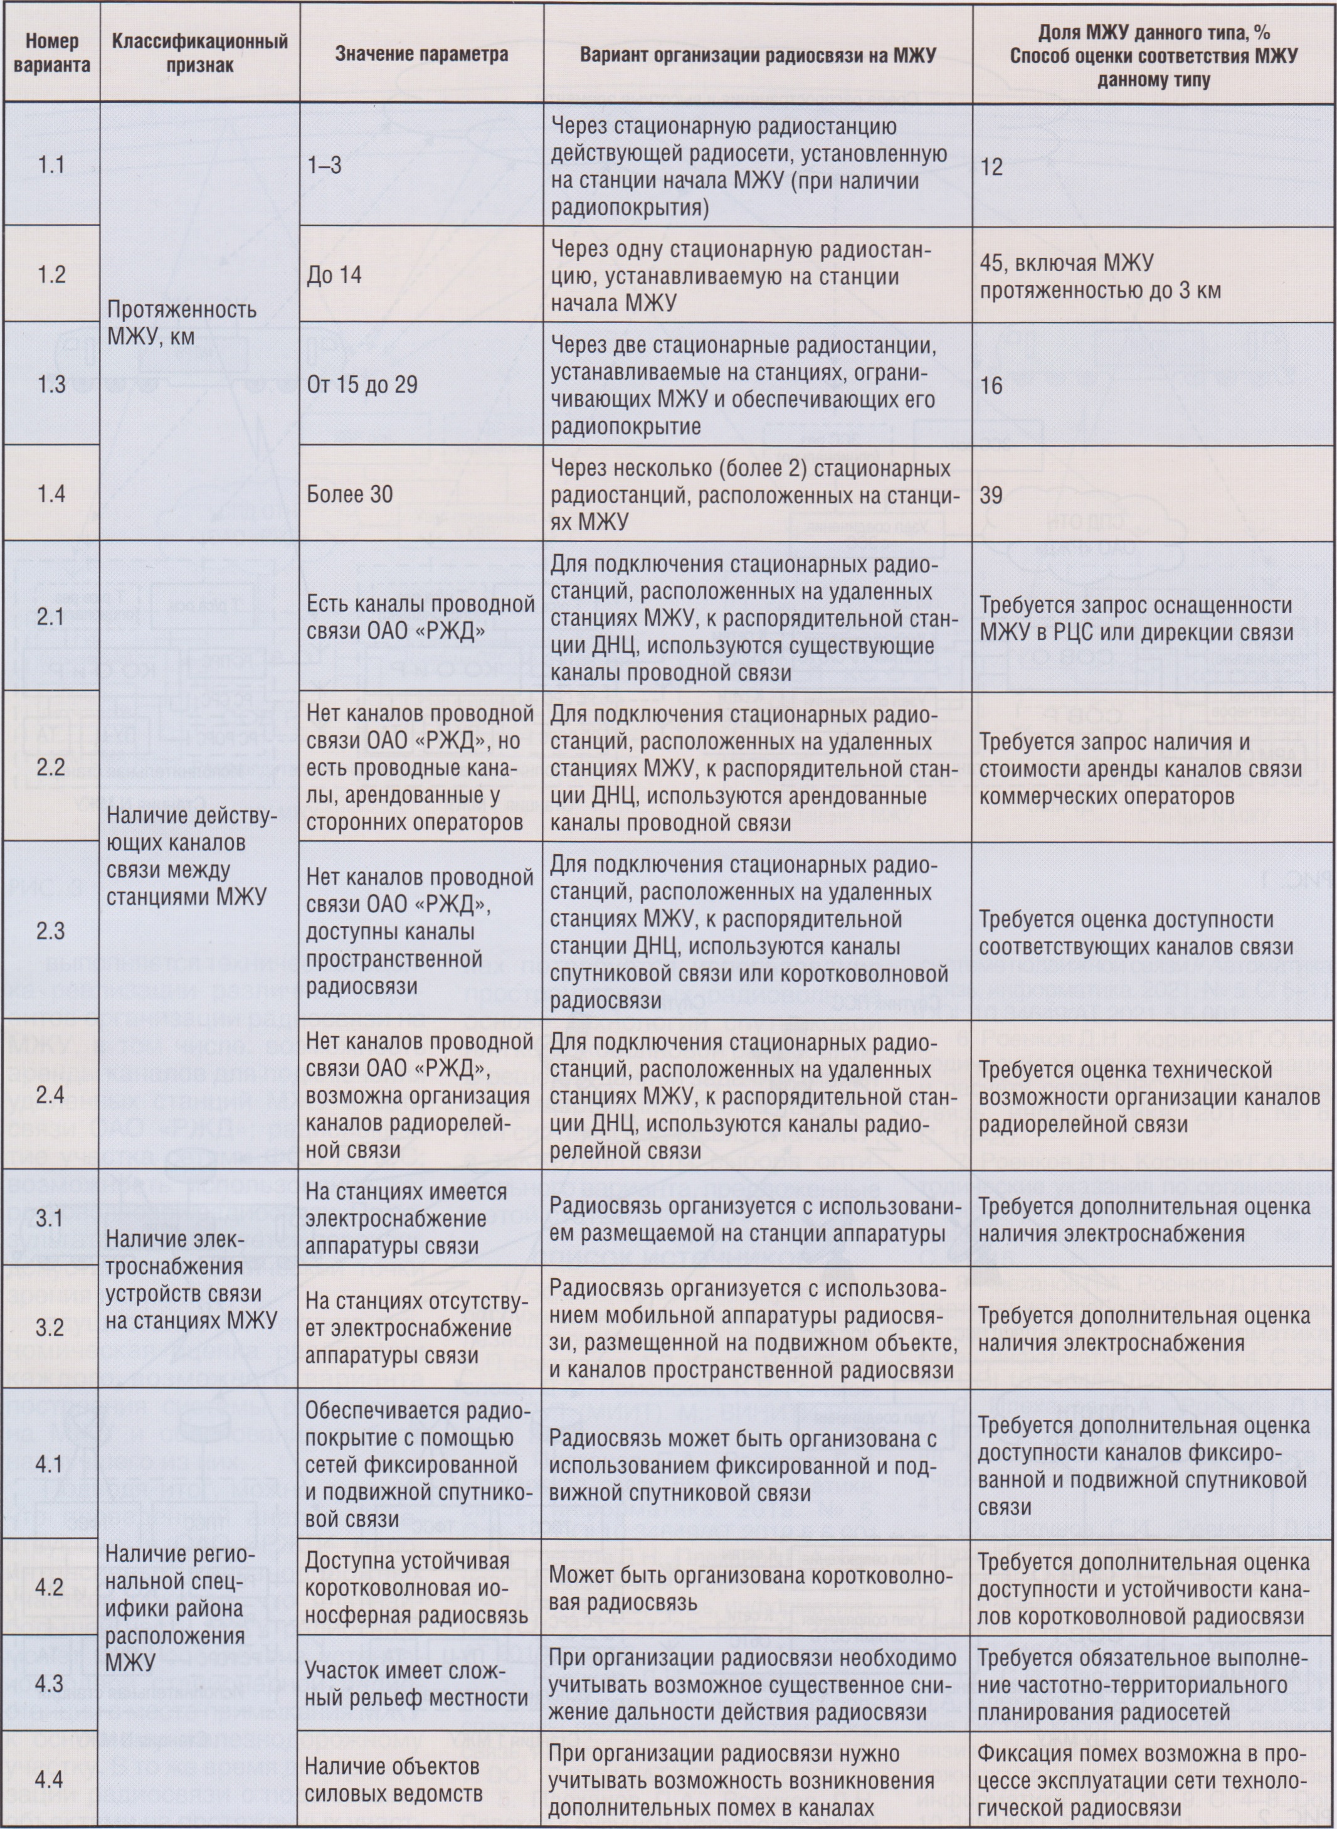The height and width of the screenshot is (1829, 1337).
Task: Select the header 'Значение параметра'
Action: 421,53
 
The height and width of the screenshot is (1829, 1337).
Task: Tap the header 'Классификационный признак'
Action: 199,53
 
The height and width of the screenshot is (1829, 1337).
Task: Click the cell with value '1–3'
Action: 325,166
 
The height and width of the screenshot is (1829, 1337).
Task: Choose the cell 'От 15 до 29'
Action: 362,385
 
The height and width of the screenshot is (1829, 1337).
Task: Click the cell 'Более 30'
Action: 350,494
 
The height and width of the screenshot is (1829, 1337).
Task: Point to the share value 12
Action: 991,167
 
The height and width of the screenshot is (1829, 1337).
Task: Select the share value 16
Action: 991,385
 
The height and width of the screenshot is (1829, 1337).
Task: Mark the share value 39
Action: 991,494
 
